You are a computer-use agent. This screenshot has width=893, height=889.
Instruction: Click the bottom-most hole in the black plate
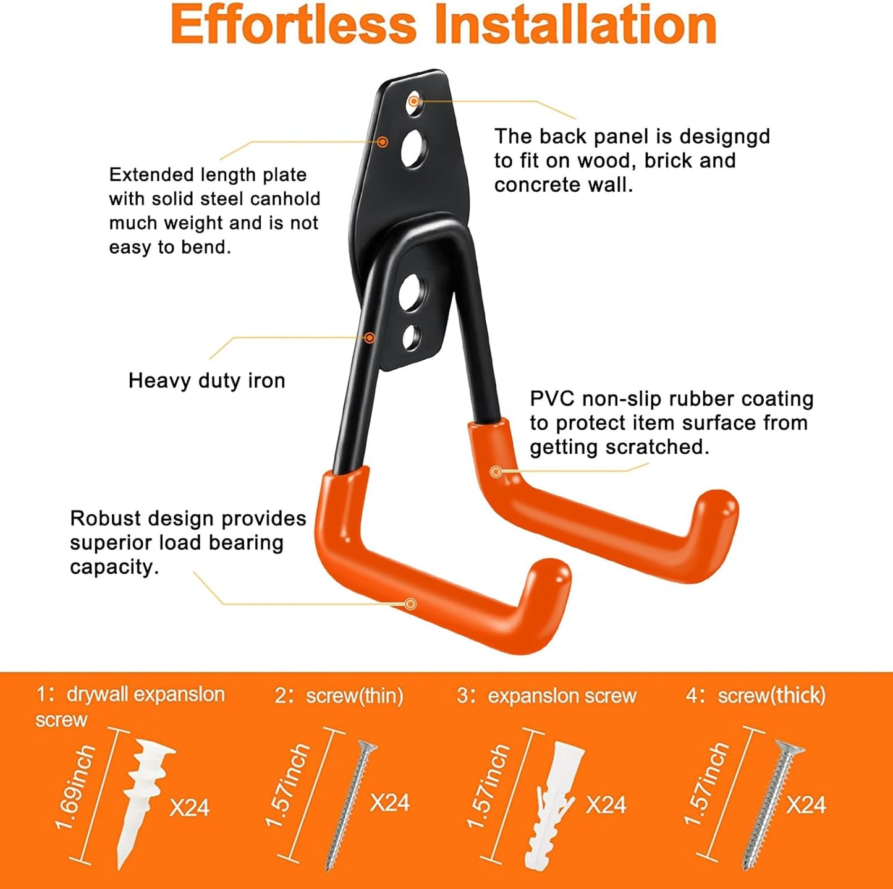pos(411,337)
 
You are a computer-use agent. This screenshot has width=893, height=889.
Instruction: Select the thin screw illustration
pos(351,804)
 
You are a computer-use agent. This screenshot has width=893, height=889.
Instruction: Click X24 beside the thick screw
pos(806,804)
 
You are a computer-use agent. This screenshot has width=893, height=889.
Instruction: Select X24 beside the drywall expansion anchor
pos(190,807)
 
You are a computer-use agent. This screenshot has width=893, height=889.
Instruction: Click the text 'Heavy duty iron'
pos(206,380)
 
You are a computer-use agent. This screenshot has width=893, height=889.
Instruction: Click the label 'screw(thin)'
pos(354,695)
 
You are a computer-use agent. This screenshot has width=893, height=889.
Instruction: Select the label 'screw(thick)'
pos(771,695)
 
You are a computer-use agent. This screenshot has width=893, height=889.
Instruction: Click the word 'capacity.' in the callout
pos(114,567)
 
